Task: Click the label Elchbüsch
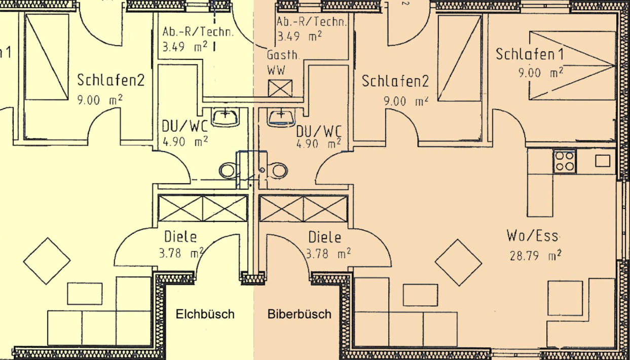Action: (205, 314)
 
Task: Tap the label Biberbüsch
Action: (299, 314)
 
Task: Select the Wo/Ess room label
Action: (532, 236)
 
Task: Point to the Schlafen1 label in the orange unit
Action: (530, 54)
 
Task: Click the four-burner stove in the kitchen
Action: (565, 161)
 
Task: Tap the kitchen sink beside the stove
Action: (603, 161)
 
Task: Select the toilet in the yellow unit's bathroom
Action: (228, 170)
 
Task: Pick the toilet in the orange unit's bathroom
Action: (278, 170)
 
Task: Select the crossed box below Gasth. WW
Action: (280, 88)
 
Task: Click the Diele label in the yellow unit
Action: (180, 237)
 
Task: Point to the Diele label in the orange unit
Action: (324, 237)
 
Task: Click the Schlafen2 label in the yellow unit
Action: (111, 80)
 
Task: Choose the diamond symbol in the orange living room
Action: (459, 262)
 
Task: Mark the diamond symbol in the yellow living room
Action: (47, 261)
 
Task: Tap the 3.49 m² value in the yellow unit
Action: (185, 47)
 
